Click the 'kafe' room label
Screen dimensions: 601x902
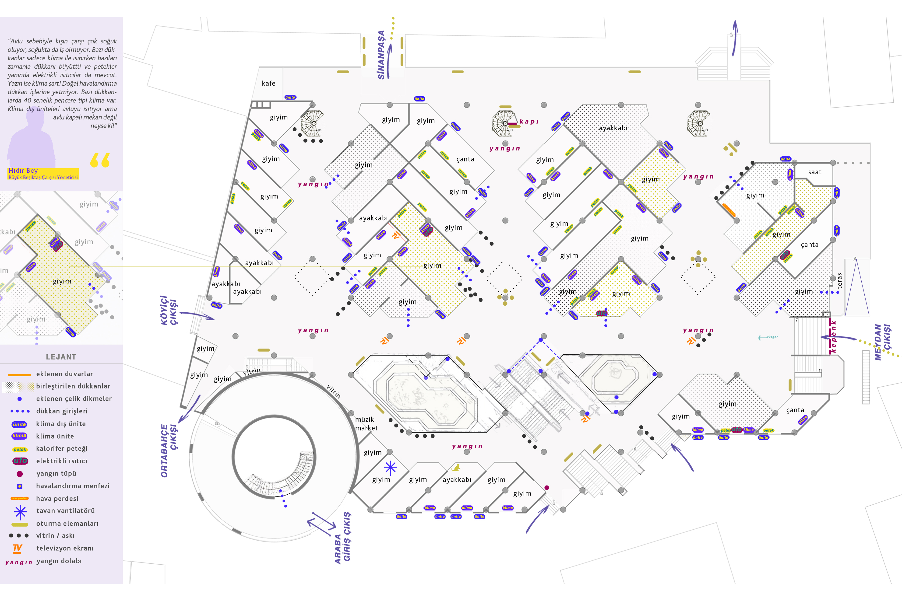click(268, 83)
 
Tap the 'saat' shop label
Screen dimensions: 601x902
click(814, 172)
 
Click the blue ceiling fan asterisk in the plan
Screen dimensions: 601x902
click(390, 467)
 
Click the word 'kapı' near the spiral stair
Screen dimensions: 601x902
click(529, 122)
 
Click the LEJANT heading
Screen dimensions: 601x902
click(61, 357)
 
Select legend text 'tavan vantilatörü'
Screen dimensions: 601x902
click(65, 510)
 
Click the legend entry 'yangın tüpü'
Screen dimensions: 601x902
click(56, 473)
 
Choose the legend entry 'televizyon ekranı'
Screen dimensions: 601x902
click(65, 548)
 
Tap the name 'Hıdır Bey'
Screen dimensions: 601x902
click(23, 171)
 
